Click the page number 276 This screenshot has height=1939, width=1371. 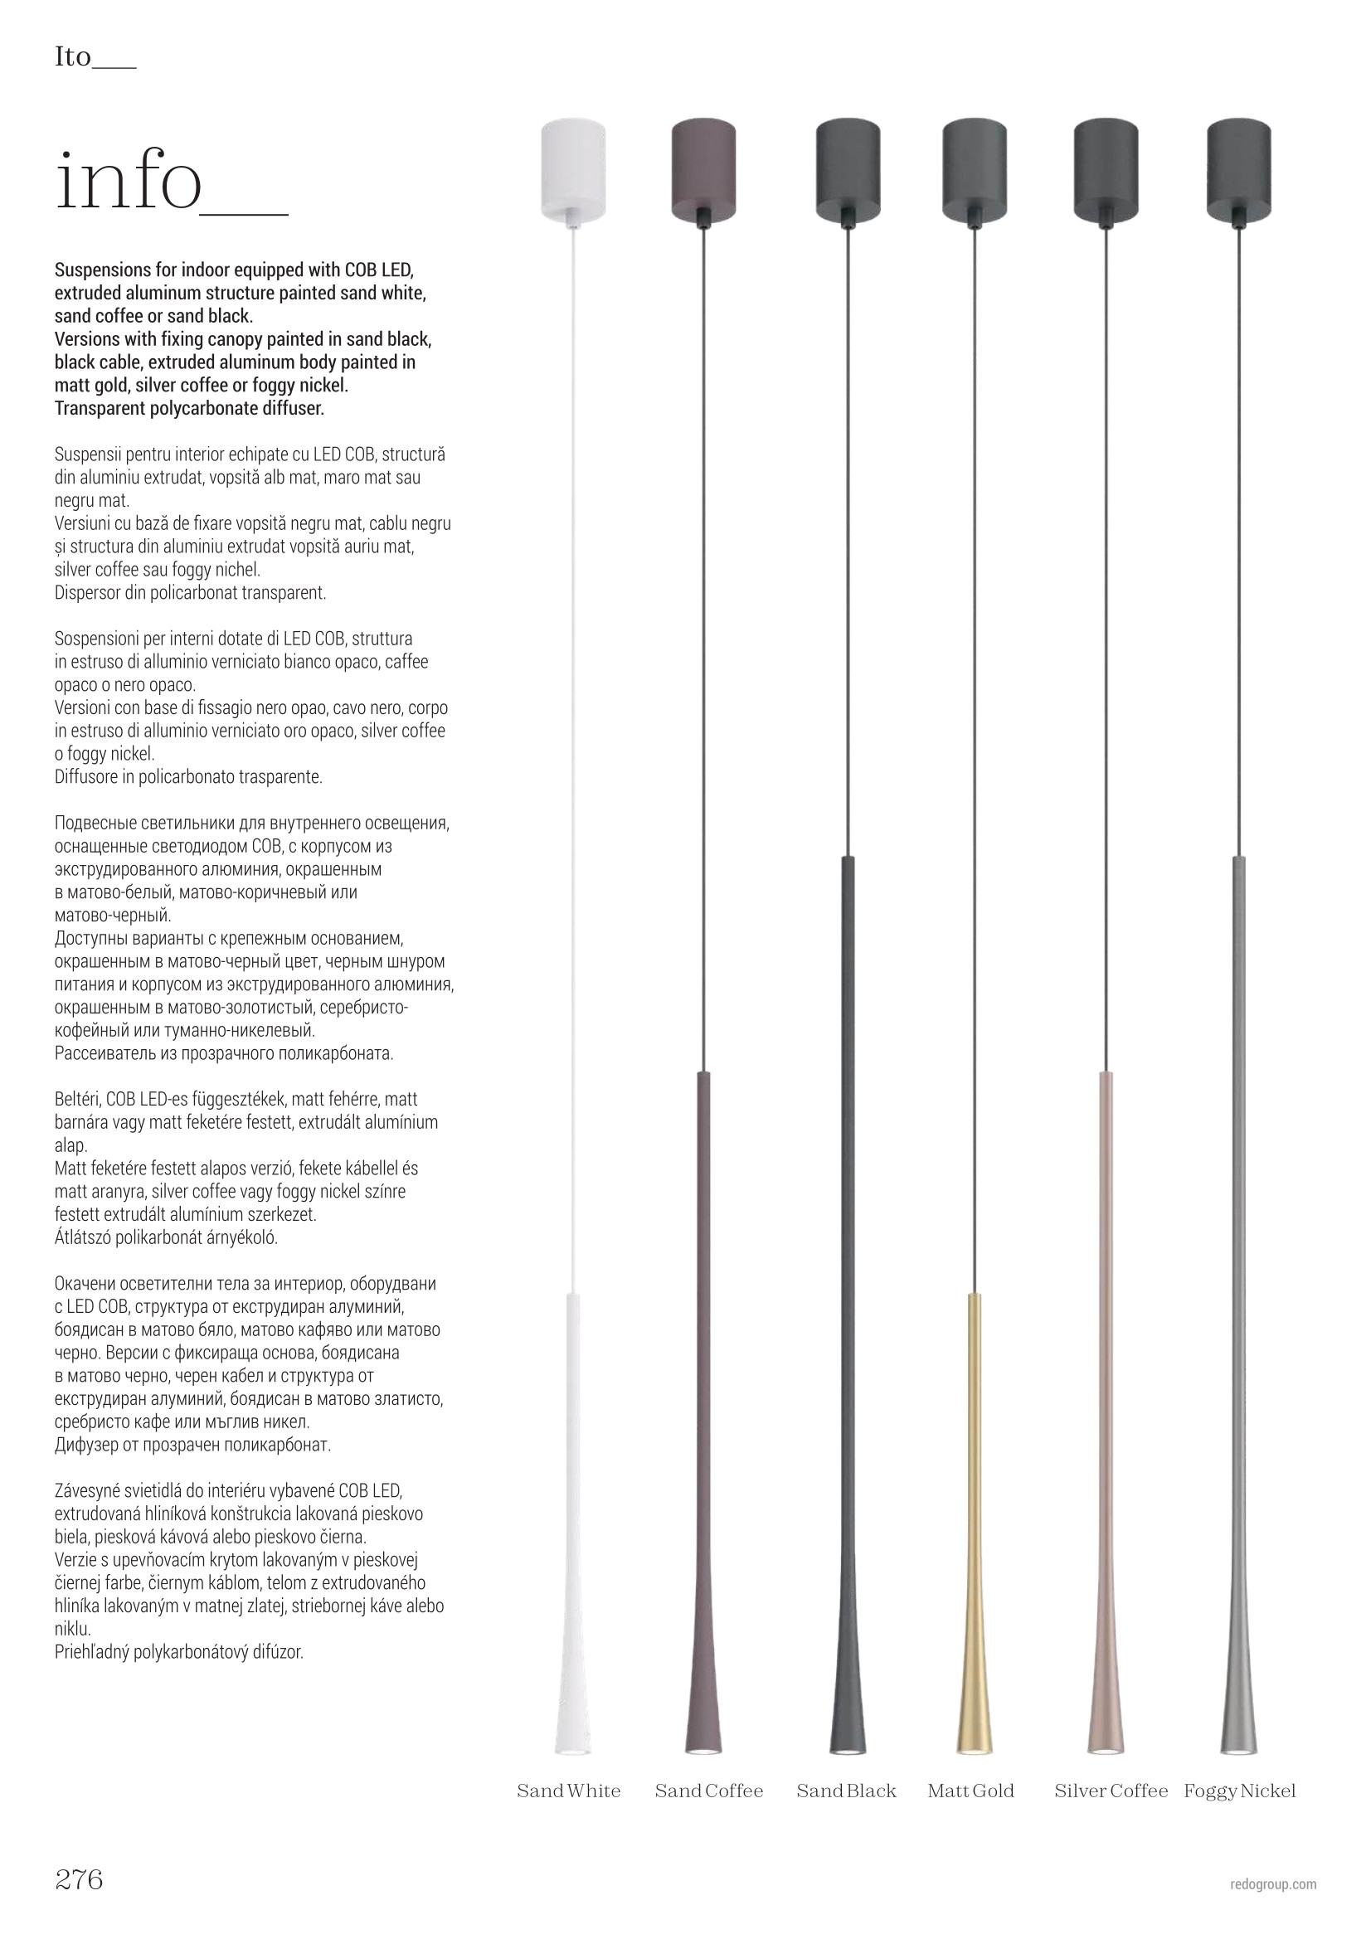(79, 1878)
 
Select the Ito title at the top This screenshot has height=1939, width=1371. (73, 57)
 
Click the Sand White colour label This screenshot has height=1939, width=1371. (568, 1791)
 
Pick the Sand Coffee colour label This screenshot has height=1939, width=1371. (709, 1791)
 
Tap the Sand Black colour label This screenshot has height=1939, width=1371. (847, 1791)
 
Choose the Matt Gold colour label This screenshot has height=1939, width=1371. (970, 1791)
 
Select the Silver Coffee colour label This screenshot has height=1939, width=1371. (1111, 1791)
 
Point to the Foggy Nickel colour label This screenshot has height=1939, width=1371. (1239, 1791)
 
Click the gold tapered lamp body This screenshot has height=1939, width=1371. (975, 1605)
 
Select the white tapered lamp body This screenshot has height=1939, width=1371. (573, 1605)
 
